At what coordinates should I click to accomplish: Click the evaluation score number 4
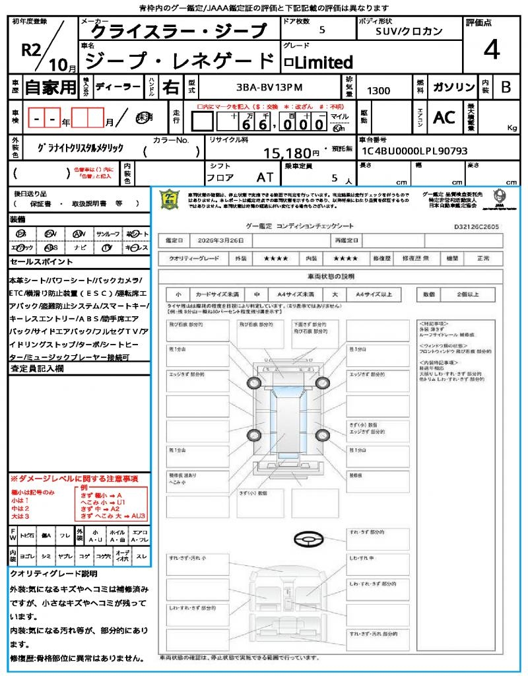pyautogui.click(x=492, y=50)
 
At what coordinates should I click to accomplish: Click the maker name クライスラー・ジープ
pyautogui.click(x=177, y=31)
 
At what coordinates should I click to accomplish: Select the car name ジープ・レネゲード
pyautogui.click(x=180, y=61)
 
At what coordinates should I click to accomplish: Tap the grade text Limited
pyautogui.click(x=323, y=63)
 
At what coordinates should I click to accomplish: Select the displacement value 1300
pyautogui.click(x=378, y=91)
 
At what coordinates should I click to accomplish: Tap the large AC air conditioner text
pyautogui.click(x=444, y=117)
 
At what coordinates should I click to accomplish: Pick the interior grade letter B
pyautogui.click(x=506, y=87)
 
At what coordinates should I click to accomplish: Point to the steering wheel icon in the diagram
pyautogui.click(x=310, y=539)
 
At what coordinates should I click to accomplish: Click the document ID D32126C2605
pyautogui.click(x=477, y=226)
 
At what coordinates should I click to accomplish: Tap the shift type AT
pyautogui.click(x=264, y=178)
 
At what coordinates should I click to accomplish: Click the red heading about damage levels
pyautogui.click(x=74, y=478)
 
